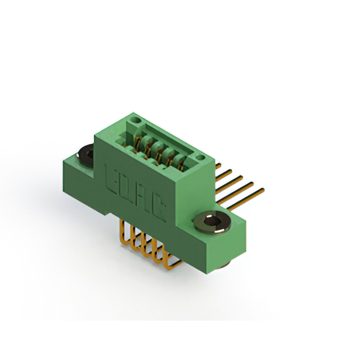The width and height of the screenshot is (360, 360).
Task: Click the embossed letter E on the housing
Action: (x=111, y=179)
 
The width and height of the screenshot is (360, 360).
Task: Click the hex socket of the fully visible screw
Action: (x=212, y=221)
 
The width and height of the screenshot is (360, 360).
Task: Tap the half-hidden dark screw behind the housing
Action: (x=86, y=155)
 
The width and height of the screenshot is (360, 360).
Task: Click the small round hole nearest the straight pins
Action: (x=200, y=157)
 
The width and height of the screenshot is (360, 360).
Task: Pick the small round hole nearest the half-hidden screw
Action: (x=135, y=120)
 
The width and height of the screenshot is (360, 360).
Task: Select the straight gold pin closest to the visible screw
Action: (x=245, y=199)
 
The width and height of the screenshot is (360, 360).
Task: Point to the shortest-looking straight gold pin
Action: (x=218, y=166)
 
